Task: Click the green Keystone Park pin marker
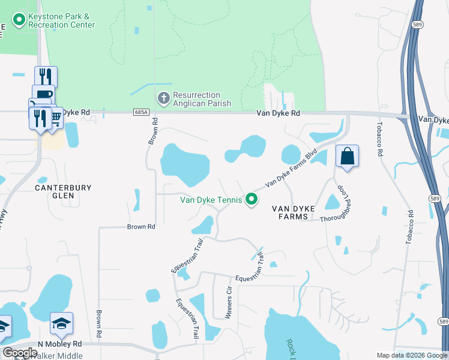(x=19, y=21)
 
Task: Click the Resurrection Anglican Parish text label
(x=197, y=99)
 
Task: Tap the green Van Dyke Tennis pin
(x=252, y=200)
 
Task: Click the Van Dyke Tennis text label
(x=212, y=200)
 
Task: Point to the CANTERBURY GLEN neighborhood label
(x=63, y=191)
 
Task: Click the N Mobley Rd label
(x=59, y=344)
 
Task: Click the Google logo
(x=19, y=353)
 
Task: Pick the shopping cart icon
(x=55, y=117)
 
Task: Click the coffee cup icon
(x=43, y=95)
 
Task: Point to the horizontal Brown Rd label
(x=141, y=227)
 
